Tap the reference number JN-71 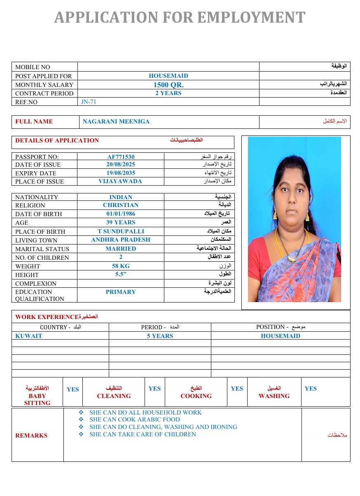pyautogui.click(x=89, y=102)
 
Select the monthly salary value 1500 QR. pyautogui.click(x=168, y=85)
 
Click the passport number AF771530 pyautogui.click(x=121, y=157)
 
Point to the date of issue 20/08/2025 pyautogui.click(x=121, y=165)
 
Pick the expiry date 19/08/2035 pyautogui.click(x=121, y=173)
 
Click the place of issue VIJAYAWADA pyautogui.click(x=120, y=181)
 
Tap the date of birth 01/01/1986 pyautogui.click(x=121, y=214)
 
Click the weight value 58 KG pyautogui.click(x=121, y=266)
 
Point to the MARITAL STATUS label pyautogui.click(x=42, y=249)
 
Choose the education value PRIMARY pyautogui.click(x=121, y=292)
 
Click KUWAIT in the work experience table pyautogui.click(x=29, y=336)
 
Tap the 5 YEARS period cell pyautogui.click(x=160, y=336)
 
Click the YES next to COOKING pyautogui.click(x=237, y=389)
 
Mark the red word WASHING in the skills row pyautogui.click(x=274, y=396)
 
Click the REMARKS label pyautogui.click(x=31, y=435)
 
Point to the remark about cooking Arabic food pyautogui.click(x=135, y=420)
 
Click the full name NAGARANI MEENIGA pyautogui.click(x=116, y=121)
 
